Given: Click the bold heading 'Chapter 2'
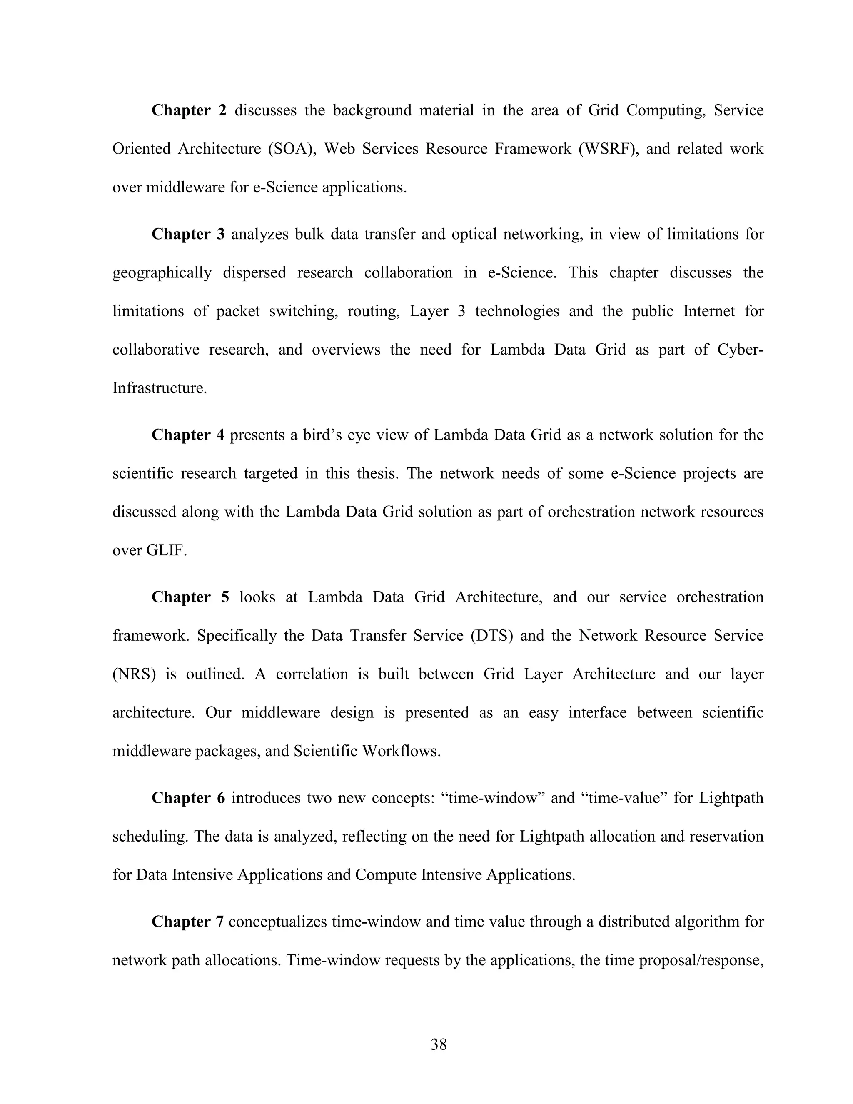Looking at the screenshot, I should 189,110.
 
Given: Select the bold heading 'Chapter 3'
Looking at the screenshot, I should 187,234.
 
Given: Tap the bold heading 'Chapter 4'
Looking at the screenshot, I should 187,435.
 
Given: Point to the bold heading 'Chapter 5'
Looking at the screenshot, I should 190,597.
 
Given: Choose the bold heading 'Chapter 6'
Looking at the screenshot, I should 188,798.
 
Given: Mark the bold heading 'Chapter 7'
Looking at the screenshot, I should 187,922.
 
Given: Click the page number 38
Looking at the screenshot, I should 439,1044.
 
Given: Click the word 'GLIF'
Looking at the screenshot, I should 166,550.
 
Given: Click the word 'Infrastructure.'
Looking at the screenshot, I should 160,388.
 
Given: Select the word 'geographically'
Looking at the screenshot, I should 162,273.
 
